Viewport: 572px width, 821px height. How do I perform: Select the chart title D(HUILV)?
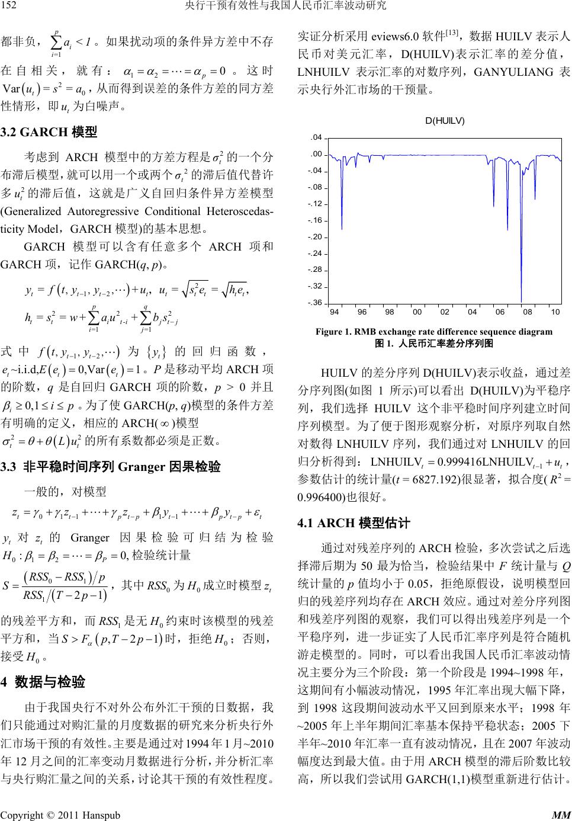point(444,121)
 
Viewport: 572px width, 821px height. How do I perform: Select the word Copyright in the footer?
point(23,814)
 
